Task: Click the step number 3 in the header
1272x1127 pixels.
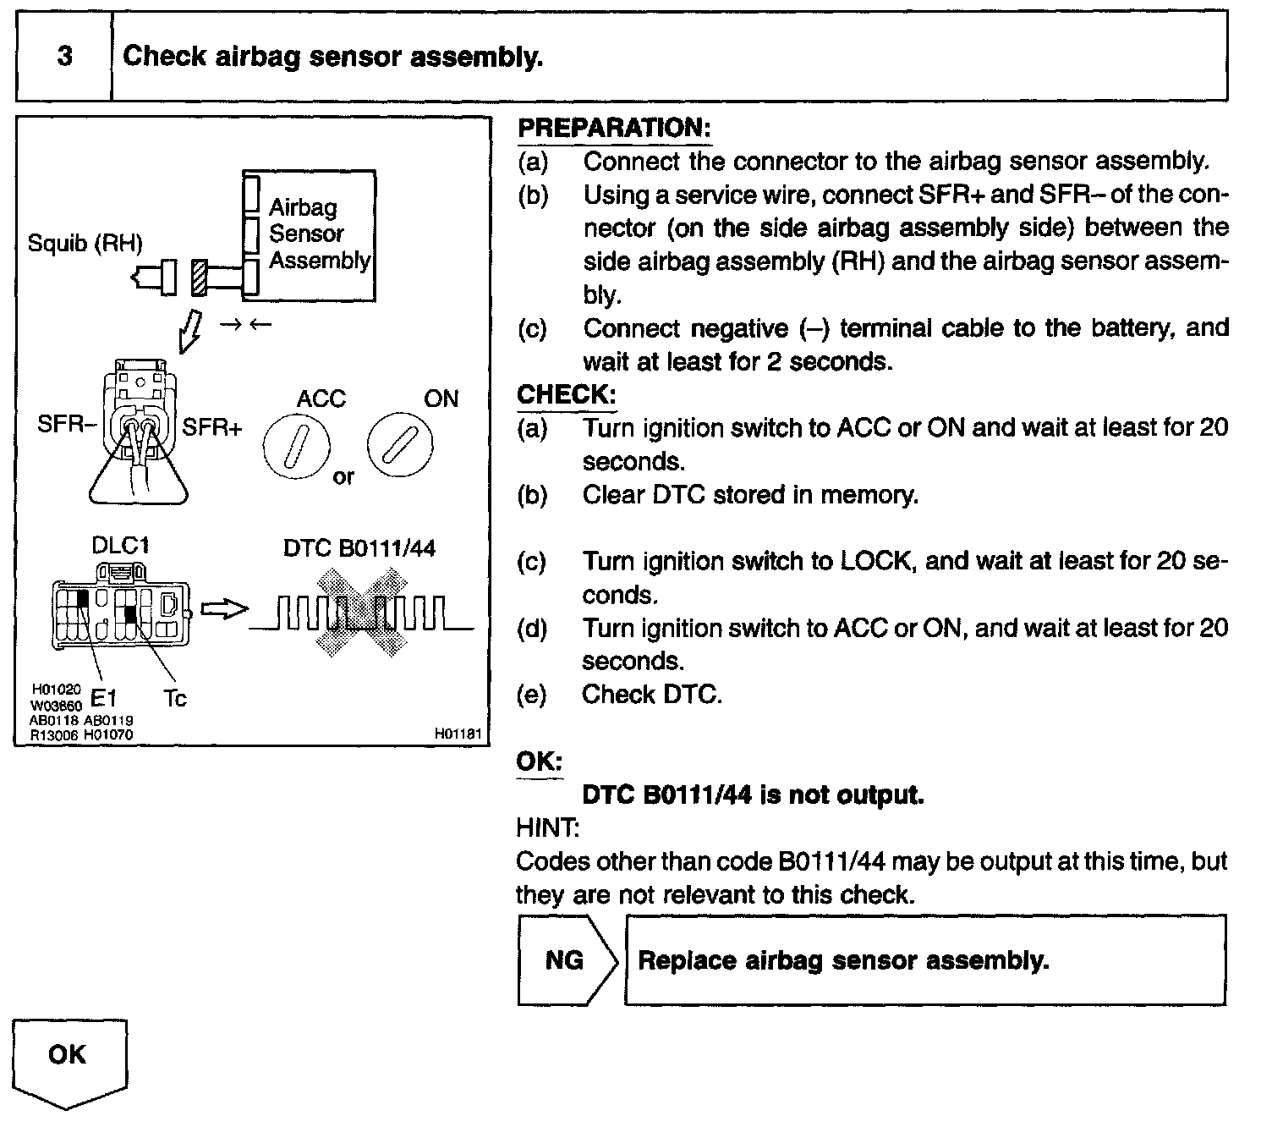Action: [x=64, y=57]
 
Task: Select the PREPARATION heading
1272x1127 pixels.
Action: [x=613, y=128]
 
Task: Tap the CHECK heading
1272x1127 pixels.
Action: [x=566, y=394]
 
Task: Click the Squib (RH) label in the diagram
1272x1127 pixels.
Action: [x=85, y=244]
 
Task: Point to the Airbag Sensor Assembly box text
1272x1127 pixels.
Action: [x=319, y=234]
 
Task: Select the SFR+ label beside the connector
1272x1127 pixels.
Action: [x=212, y=427]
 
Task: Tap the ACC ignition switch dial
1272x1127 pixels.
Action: [x=295, y=446]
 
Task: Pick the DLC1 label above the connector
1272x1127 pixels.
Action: [x=120, y=546]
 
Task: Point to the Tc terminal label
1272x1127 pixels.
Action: [x=174, y=699]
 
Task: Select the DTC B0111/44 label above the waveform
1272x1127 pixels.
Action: [x=359, y=548]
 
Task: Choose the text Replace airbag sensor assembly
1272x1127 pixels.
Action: [x=842, y=961]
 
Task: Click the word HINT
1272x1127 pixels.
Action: [x=547, y=827]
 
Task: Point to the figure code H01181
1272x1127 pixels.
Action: [x=458, y=734]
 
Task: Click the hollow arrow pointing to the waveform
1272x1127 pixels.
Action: [x=224, y=609]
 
